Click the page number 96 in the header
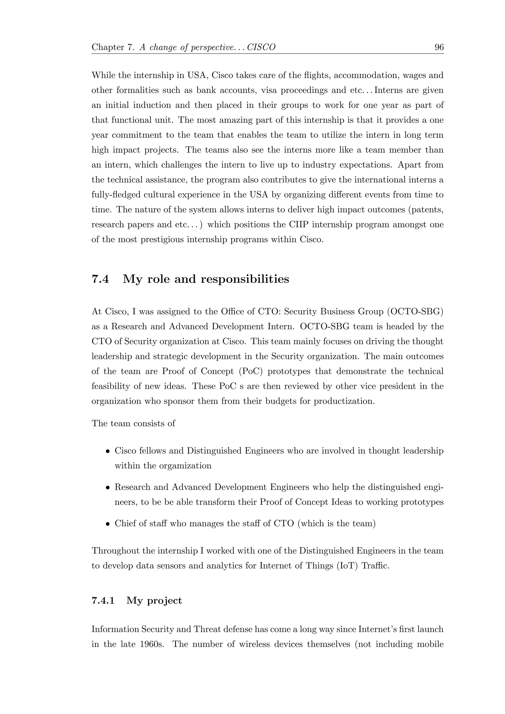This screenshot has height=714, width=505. [x=439, y=47]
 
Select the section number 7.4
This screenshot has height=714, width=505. [x=100, y=279]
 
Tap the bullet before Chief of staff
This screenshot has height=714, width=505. [x=107, y=524]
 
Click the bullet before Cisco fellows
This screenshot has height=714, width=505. [x=107, y=451]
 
